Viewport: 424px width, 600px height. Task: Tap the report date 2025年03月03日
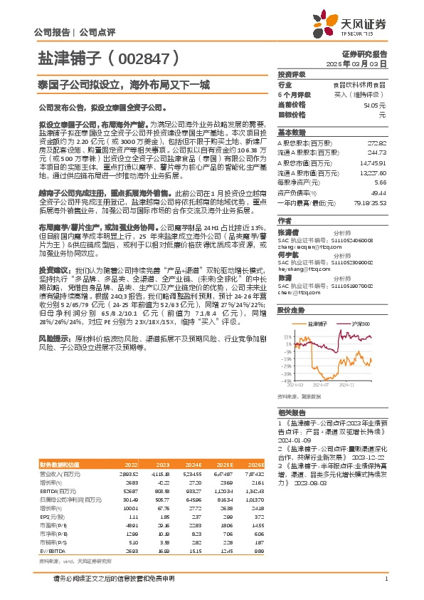[x=362, y=63]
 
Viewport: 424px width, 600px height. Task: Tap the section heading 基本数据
[x=291, y=133]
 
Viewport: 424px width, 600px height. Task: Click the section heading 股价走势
[x=291, y=310]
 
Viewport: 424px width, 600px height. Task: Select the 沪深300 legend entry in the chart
[x=361, y=324]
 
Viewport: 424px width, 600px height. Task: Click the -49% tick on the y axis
[x=287, y=381]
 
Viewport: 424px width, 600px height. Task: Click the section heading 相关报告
[x=291, y=413]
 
